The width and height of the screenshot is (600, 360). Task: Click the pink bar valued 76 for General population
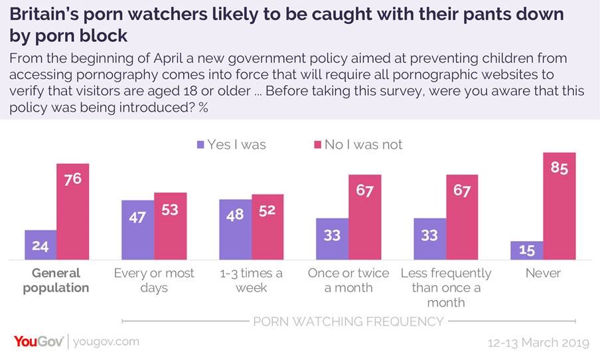[x=73, y=211]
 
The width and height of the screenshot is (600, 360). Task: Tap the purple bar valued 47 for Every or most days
[x=137, y=229]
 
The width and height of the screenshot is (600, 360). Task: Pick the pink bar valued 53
[x=171, y=226]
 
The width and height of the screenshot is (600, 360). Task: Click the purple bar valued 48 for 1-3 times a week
[x=236, y=228]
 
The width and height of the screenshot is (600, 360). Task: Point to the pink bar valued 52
[x=267, y=226]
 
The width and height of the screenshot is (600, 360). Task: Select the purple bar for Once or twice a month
[x=332, y=238]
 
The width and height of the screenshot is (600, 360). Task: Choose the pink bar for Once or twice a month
[x=365, y=217]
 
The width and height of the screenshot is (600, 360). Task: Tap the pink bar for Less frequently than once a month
[x=463, y=217]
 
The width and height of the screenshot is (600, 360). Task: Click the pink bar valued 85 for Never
[x=560, y=206]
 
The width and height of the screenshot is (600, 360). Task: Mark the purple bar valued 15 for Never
[x=527, y=250]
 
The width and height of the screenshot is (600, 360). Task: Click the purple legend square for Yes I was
[x=198, y=144]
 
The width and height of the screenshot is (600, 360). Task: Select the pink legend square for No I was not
[x=315, y=144]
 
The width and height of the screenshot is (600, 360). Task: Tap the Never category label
[x=543, y=273]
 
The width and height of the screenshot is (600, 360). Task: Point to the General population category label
[x=56, y=280]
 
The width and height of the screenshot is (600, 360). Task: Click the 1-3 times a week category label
[x=251, y=280]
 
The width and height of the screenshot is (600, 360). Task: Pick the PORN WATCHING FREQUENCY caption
[x=348, y=321]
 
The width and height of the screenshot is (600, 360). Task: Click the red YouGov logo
[x=39, y=341]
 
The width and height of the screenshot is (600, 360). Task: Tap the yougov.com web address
[x=106, y=342]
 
